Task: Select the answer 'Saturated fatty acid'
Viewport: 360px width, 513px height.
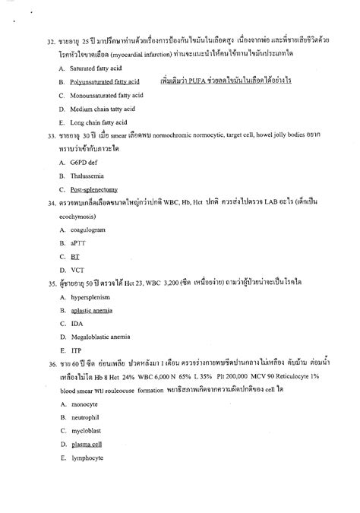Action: tap(93, 68)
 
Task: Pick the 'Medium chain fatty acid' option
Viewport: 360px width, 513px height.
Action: tap(96, 109)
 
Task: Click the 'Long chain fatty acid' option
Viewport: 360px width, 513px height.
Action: tap(93, 122)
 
